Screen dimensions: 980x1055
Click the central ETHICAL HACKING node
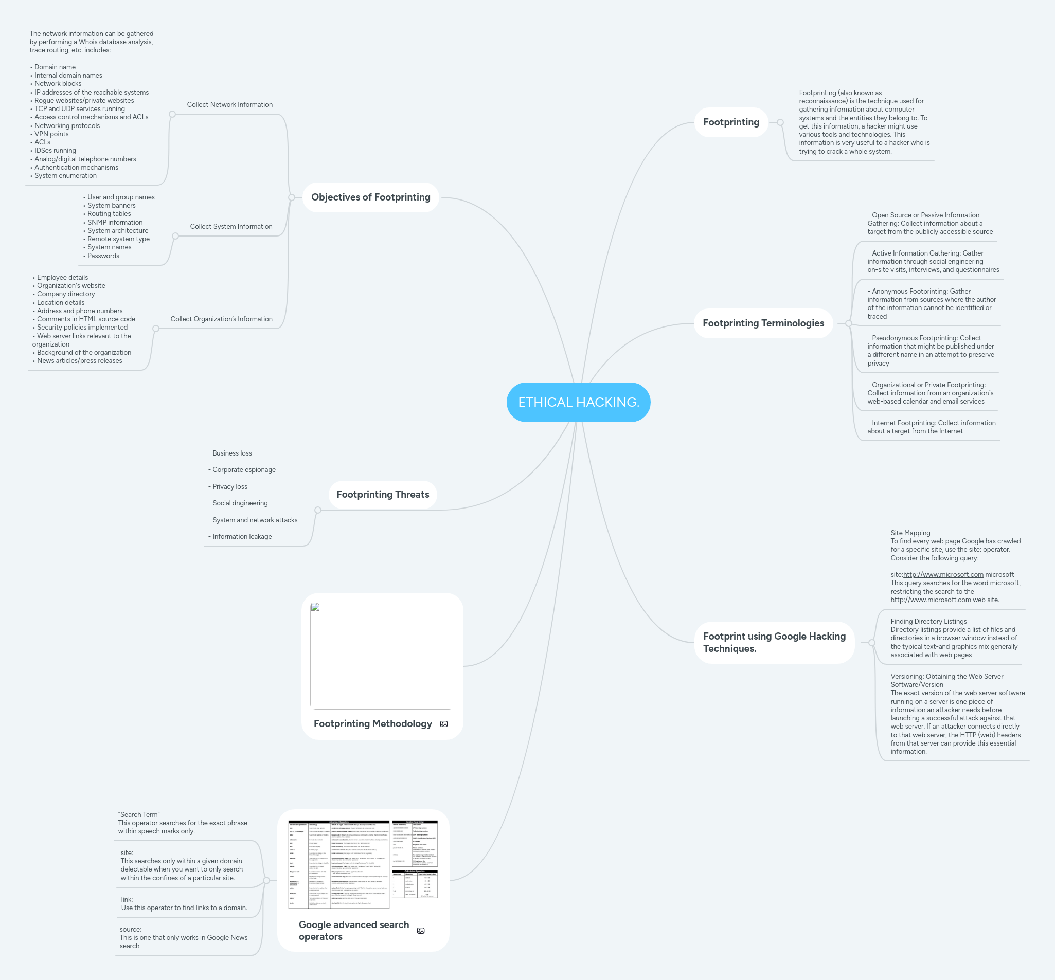pos(578,402)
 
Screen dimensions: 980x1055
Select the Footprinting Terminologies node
pos(763,323)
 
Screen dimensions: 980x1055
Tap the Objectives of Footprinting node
pos(370,197)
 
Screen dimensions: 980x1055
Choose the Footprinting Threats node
pos(382,494)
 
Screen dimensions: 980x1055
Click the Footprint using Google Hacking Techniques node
pos(774,642)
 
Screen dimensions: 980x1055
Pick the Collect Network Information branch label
pos(229,104)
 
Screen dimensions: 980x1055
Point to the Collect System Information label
pos(231,226)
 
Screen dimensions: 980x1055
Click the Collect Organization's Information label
pos(221,319)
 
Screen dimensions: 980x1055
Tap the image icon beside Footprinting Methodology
pos(444,724)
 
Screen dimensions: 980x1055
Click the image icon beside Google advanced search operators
pos(421,931)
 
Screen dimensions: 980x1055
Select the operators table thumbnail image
pos(363,864)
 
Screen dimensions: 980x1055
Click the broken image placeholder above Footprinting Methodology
pos(382,655)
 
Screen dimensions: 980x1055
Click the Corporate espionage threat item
pos(243,470)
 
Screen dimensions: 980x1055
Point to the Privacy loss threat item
pos(229,486)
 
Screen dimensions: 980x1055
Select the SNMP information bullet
pos(115,222)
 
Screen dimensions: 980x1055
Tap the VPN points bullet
pos(51,134)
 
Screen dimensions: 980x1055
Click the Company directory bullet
pos(66,294)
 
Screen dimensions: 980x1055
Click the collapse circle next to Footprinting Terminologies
pos(849,323)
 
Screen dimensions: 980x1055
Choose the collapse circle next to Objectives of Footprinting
pos(291,197)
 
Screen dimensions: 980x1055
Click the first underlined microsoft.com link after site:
pos(943,574)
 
